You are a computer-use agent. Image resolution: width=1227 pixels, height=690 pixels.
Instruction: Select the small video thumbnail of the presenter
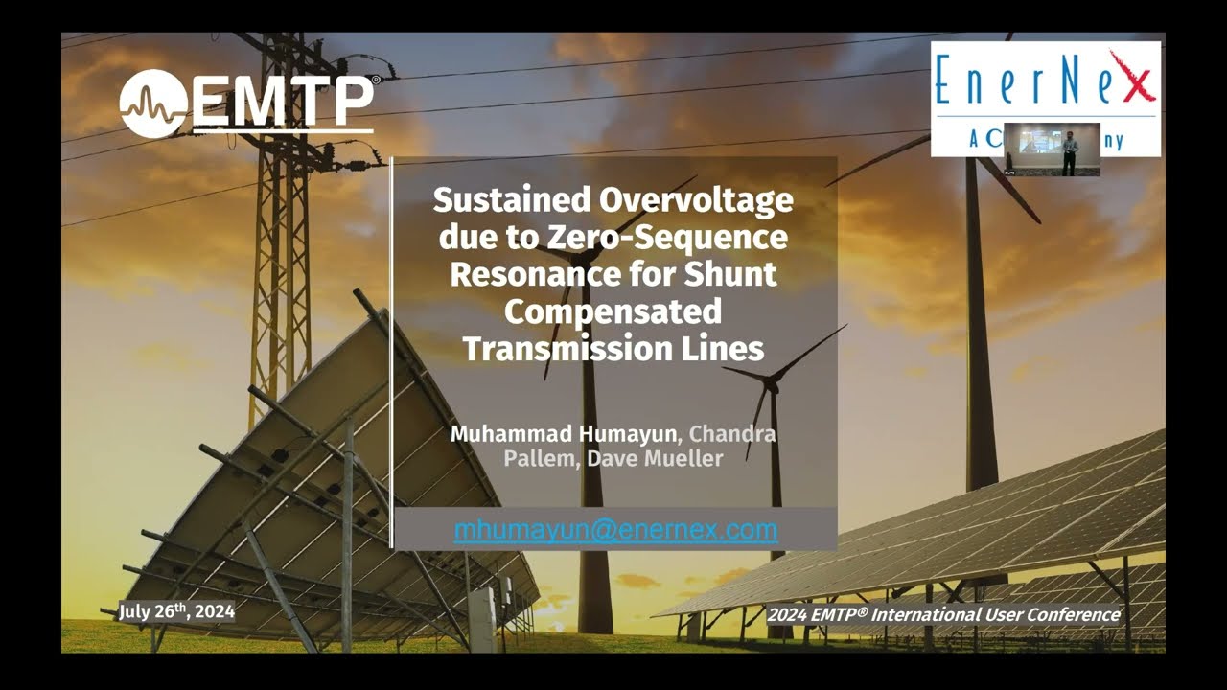tap(1052, 149)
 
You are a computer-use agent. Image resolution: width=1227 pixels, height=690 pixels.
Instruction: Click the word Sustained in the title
tap(513, 200)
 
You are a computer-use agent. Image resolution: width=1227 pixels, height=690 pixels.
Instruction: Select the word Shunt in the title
tap(730, 274)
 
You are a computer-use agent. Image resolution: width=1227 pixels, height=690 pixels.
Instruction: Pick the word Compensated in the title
tap(613, 311)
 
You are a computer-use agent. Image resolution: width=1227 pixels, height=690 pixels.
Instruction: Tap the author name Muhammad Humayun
tap(564, 434)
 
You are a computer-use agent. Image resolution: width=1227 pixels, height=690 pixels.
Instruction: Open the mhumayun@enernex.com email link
tap(615, 530)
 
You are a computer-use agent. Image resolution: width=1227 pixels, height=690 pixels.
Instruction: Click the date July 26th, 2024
tap(176, 611)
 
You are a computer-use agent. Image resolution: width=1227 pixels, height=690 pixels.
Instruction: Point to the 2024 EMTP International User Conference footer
tap(942, 615)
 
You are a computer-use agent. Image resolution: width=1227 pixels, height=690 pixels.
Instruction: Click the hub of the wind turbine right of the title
tap(768, 377)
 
